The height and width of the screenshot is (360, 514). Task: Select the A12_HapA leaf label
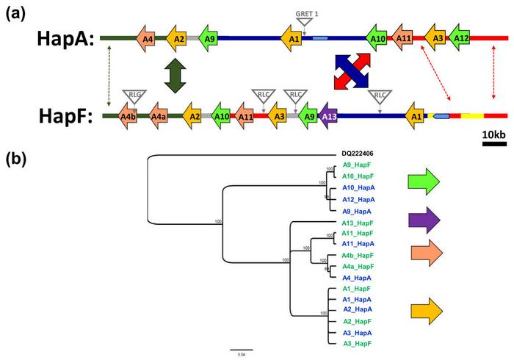[359, 199]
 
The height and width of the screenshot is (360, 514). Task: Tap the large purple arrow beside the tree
[424, 220]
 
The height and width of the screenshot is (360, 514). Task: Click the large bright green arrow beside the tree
[424, 181]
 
